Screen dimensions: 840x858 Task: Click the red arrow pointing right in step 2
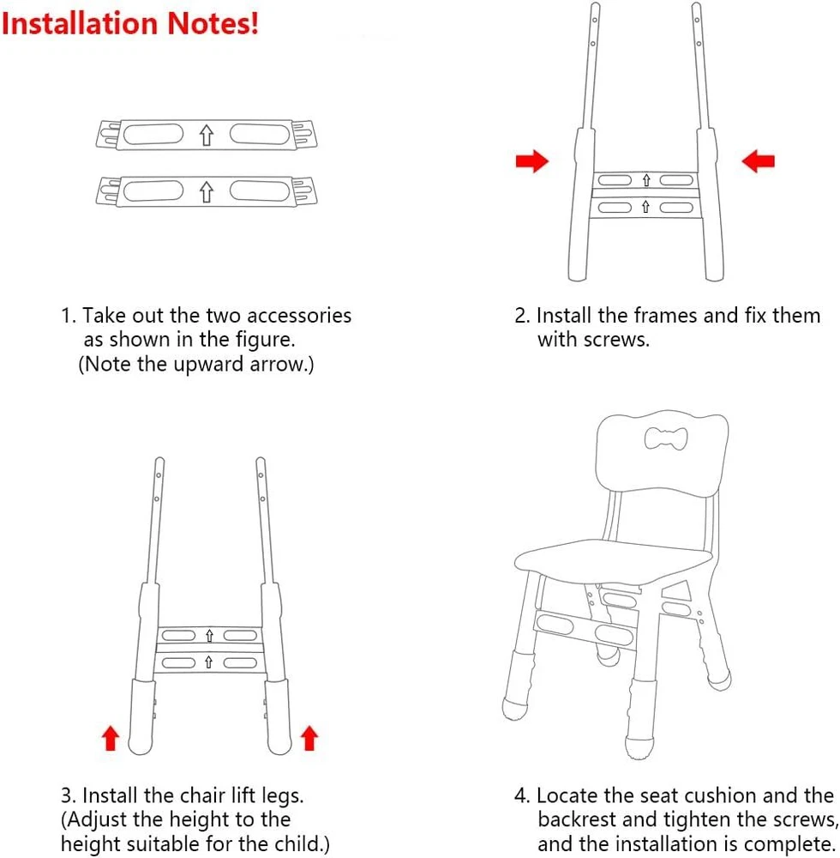(531, 161)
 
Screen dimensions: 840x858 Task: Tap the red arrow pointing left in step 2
(758, 161)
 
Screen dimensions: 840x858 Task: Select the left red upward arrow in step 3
(111, 738)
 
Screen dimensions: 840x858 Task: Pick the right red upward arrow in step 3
(309, 738)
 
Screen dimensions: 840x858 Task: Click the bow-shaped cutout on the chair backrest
(666, 438)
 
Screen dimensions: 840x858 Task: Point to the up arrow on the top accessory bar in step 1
(206, 136)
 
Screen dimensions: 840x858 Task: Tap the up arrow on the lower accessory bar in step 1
(206, 192)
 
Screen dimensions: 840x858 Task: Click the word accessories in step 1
(299, 316)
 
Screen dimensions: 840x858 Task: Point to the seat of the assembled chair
(613, 560)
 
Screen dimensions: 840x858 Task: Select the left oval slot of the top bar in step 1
(153, 134)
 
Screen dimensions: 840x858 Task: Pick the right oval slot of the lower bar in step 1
(260, 191)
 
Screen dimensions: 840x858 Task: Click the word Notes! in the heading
(213, 23)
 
